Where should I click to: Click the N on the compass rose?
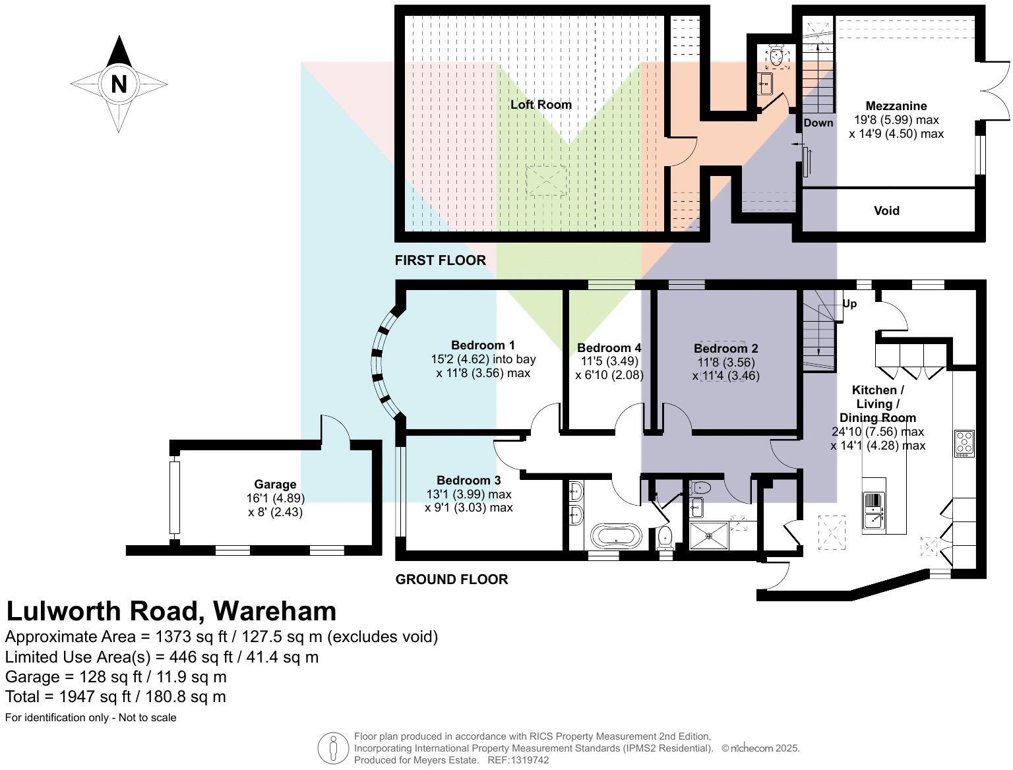119,84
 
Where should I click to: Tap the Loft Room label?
541,104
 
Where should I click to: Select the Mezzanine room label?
896,105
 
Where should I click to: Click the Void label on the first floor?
886,211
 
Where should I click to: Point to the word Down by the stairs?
818,123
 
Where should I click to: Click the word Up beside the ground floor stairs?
849,304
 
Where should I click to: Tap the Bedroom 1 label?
483,345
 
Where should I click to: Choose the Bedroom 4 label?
609,347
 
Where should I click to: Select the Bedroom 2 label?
725,348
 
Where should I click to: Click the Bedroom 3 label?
468,481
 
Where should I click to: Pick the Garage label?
275,485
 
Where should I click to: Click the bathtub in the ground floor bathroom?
615,535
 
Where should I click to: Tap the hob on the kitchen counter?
964,443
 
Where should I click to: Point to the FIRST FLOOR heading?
440,260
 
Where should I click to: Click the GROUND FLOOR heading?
451,579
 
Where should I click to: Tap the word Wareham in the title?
274,611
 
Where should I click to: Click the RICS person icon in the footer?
333,748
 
